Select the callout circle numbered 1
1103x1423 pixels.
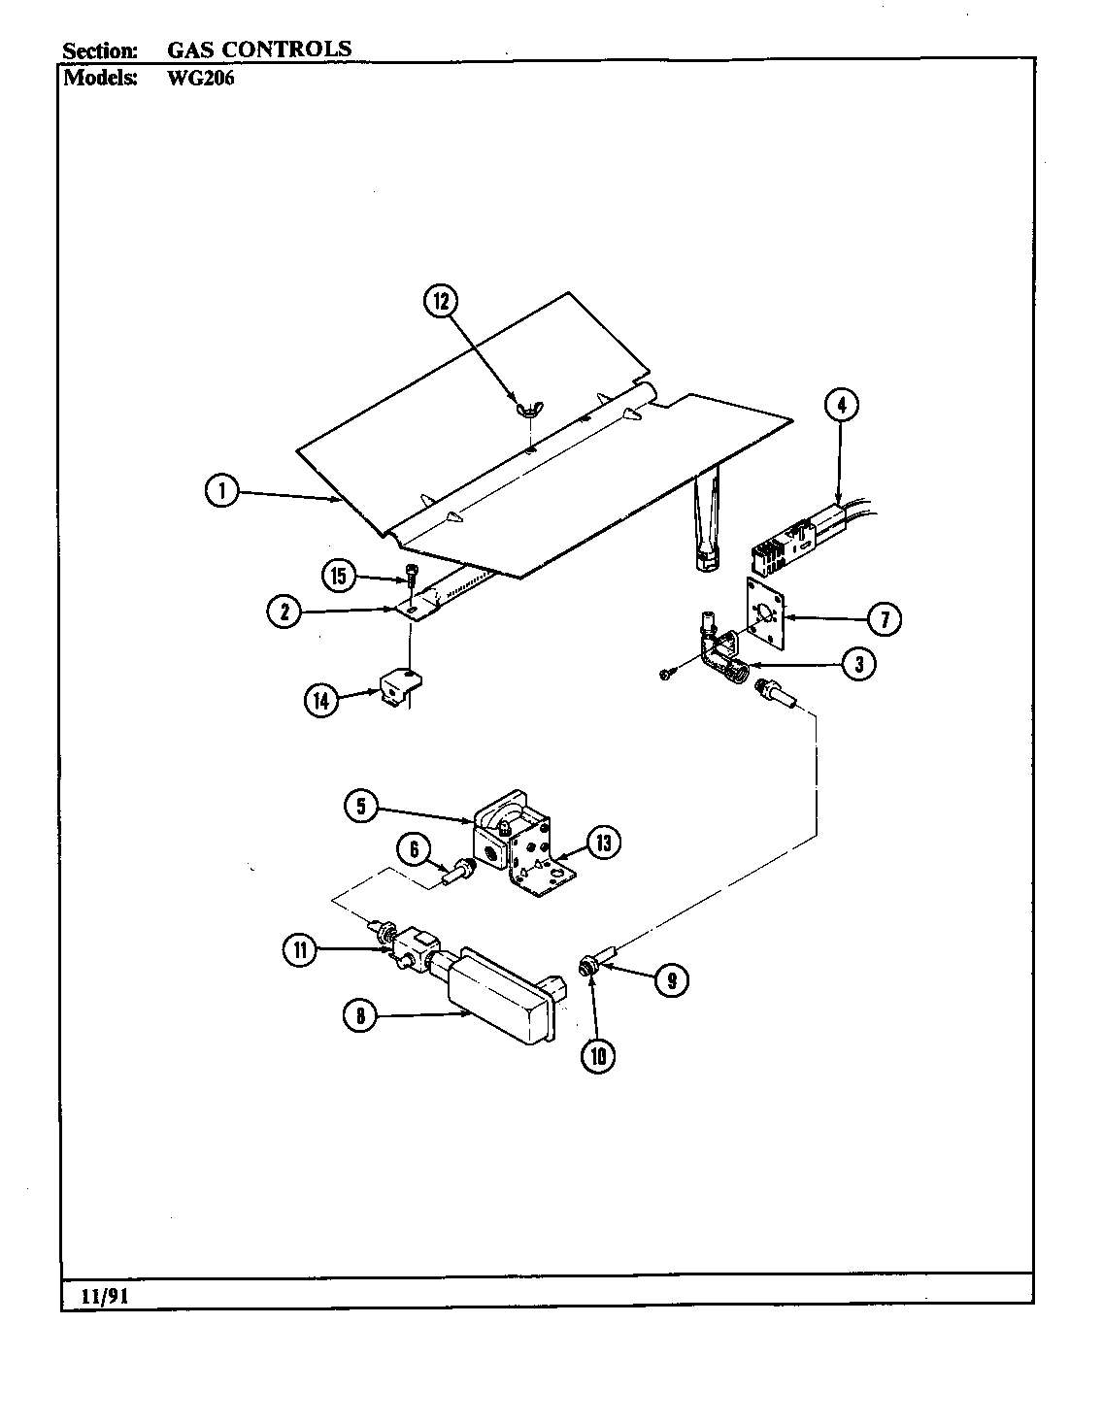pos(222,491)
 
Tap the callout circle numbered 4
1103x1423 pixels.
pos(842,405)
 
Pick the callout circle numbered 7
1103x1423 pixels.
pos(884,618)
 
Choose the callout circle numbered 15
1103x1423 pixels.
pos(338,577)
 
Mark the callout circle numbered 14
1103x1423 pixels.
pos(321,700)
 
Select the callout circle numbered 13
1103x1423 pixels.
pos(603,843)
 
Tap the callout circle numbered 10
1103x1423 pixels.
pos(598,1055)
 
